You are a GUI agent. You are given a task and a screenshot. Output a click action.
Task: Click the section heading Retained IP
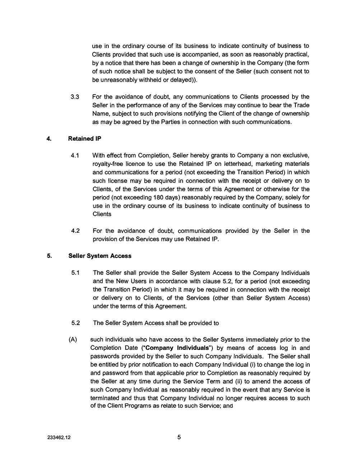(x=85, y=139)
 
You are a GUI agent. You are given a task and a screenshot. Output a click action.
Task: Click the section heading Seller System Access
(x=100, y=256)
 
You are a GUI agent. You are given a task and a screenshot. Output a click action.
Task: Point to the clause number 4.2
(x=75, y=231)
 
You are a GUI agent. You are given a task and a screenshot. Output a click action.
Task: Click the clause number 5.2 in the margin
(x=75, y=323)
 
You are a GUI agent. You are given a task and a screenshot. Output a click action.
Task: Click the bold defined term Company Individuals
(x=177, y=348)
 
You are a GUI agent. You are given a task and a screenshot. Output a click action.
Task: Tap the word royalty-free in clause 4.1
(x=107, y=164)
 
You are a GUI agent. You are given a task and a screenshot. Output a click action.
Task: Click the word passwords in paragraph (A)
(x=104, y=356)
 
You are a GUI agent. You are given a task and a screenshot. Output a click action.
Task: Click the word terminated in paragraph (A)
(x=105, y=398)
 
